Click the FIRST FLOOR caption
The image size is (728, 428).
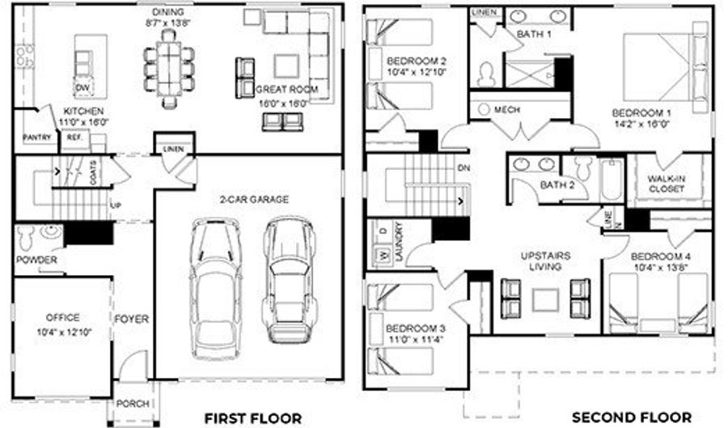coord(253,417)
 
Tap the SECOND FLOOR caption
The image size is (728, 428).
coord(620,417)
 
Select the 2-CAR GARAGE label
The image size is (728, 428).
coord(253,199)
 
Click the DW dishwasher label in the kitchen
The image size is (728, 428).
coord(83,87)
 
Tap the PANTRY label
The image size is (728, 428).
coord(37,138)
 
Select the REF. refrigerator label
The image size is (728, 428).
coord(75,138)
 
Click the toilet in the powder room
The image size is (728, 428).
coord(24,236)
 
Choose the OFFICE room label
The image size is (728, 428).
coord(62,318)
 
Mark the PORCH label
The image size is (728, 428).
coord(133,404)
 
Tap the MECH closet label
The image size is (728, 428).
coord(506,109)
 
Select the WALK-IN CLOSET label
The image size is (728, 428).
coord(666,183)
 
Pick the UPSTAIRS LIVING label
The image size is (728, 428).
coord(545,261)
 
